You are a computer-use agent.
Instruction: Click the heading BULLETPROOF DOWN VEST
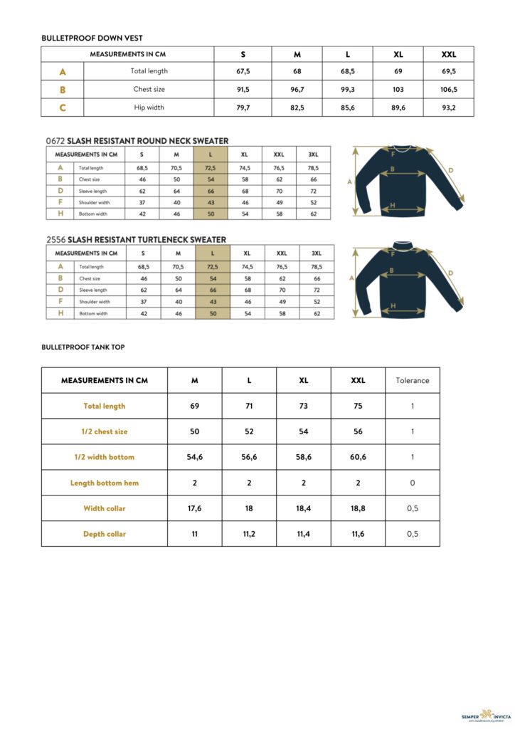pyautogui.click(x=92, y=38)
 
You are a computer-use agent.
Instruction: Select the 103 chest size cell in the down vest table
pyautogui.click(x=398, y=90)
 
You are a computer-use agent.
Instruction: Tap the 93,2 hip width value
pyautogui.click(x=448, y=107)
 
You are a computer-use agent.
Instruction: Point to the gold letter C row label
pyautogui.click(x=63, y=107)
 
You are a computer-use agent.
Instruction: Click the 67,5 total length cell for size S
pyautogui.click(x=243, y=71)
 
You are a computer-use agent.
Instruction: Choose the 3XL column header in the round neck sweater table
pyautogui.click(x=313, y=154)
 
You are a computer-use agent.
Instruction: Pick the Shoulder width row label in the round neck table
pyautogui.click(x=94, y=202)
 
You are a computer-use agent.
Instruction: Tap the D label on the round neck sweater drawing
pyautogui.click(x=450, y=171)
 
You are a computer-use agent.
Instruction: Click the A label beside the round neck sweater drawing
pyautogui.click(x=349, y=182)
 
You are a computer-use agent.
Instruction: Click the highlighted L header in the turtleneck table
pyautogui.click(x=213, y=253)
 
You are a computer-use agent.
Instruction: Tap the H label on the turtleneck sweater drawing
pyautogui.click(x=393, y=305)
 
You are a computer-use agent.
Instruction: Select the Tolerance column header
pyautogui.click(x=413, y=380)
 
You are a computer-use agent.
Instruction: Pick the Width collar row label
pyautogui.click(x=105, y=508)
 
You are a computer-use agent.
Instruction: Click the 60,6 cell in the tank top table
pyautogui.click(x=358, y=457)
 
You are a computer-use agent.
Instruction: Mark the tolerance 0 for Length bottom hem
pyautogui.click(x=413, y=483)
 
